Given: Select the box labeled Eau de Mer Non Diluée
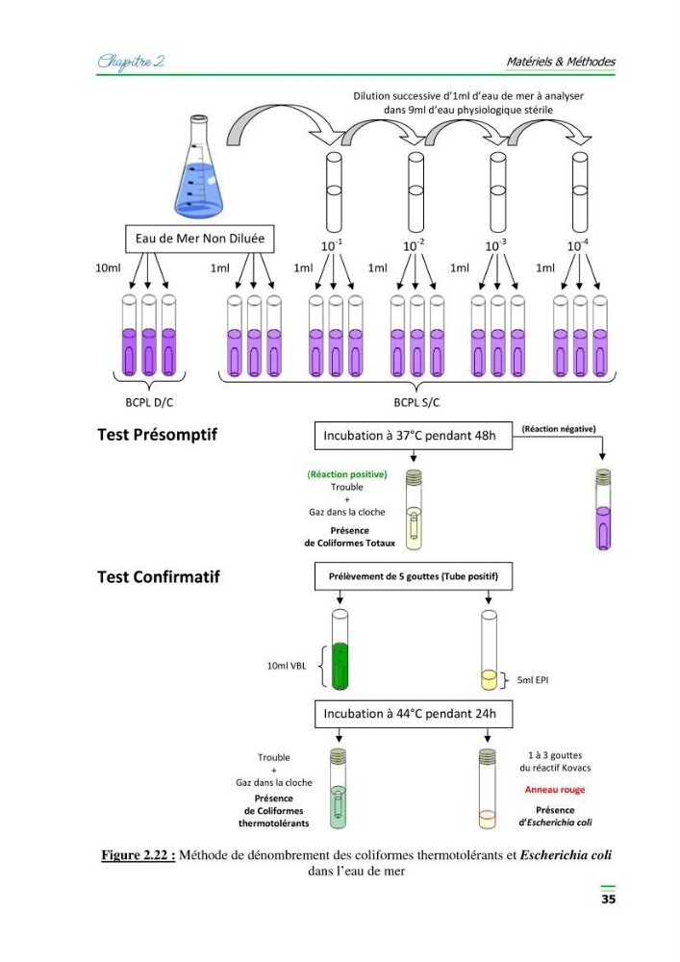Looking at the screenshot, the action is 199,239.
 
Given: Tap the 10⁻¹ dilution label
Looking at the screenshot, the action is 332,244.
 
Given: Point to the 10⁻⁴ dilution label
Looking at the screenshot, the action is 578,244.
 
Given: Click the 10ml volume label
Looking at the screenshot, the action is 108,267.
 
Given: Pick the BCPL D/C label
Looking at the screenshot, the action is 149,402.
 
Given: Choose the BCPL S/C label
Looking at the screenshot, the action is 416,402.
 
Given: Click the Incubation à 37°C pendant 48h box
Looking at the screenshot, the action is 414,436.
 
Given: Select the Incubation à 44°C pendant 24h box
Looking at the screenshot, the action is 414,714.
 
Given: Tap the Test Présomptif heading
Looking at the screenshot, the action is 157,435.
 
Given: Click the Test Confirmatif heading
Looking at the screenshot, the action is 158,576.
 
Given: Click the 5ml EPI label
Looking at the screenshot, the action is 532,680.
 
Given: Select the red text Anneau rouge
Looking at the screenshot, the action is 555,790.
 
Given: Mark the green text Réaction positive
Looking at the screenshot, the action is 347,474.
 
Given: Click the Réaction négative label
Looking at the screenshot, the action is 559,429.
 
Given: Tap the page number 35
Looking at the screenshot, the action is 608,899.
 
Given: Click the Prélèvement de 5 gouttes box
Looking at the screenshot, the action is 414,576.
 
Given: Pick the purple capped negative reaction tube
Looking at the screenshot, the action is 603,509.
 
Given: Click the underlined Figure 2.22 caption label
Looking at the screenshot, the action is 139,854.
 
